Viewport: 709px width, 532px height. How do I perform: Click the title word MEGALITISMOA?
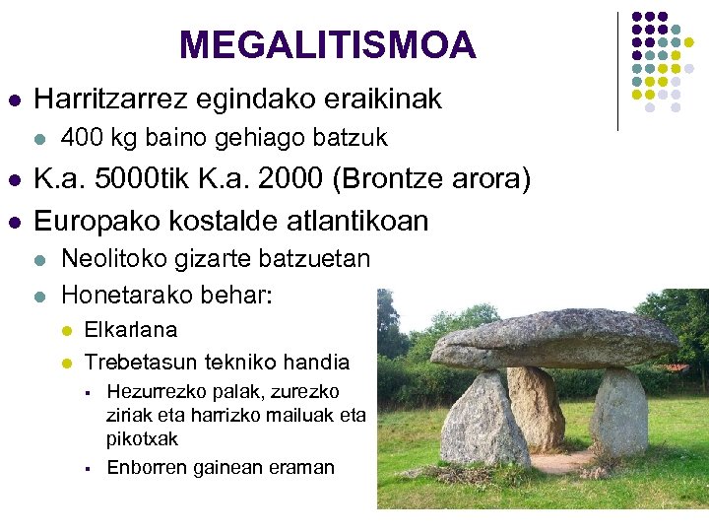[x=328, y=44]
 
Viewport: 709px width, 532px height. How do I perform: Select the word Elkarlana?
[x=131, y=329]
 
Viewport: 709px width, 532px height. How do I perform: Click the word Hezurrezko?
[x=155, y=391]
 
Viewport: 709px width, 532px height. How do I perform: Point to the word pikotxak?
[x=143, y=437]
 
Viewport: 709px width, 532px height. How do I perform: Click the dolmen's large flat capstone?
[x=556, y=339]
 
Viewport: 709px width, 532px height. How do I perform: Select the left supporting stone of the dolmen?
[x=483, y=418]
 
